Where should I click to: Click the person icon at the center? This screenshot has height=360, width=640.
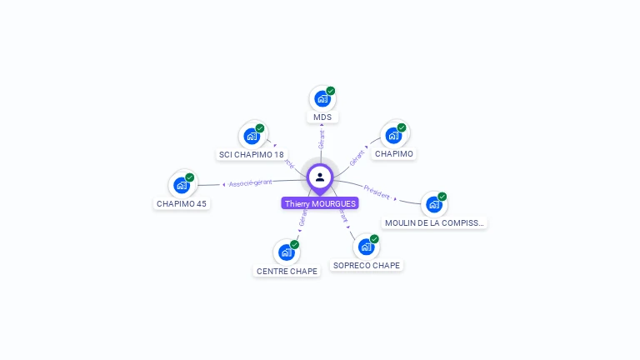(320, 177)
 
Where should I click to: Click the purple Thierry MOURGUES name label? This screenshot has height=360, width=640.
(320, 203)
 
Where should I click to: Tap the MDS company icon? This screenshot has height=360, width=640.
(322, 99)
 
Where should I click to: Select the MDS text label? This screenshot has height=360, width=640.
(322, 117)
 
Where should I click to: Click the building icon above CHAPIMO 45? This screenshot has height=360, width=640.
(182, 185)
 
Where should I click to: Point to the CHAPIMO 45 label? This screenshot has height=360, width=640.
(182, 203)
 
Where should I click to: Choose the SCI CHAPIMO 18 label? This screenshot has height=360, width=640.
(251, 154)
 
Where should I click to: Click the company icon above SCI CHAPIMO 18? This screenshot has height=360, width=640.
(252, 136)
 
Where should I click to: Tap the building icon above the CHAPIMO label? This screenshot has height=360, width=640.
(393, 135)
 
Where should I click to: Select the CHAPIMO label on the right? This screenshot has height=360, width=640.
(394, 153)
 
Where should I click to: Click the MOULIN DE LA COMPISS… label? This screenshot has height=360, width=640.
(434, 222)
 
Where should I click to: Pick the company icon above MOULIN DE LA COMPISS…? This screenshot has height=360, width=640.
(433, 204)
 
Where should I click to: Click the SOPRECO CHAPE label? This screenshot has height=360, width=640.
(366, 265)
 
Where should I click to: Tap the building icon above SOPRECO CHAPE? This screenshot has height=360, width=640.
(366, 247)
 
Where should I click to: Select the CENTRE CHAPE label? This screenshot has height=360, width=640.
(287, 271)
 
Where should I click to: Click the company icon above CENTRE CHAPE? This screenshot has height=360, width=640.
(287, 252)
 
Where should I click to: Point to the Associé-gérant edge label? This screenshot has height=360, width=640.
(251, 182)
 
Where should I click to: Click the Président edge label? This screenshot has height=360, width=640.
(377, 192)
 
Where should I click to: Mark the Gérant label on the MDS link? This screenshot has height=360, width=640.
(321, 139)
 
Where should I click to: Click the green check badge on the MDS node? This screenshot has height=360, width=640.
(331, 91)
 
